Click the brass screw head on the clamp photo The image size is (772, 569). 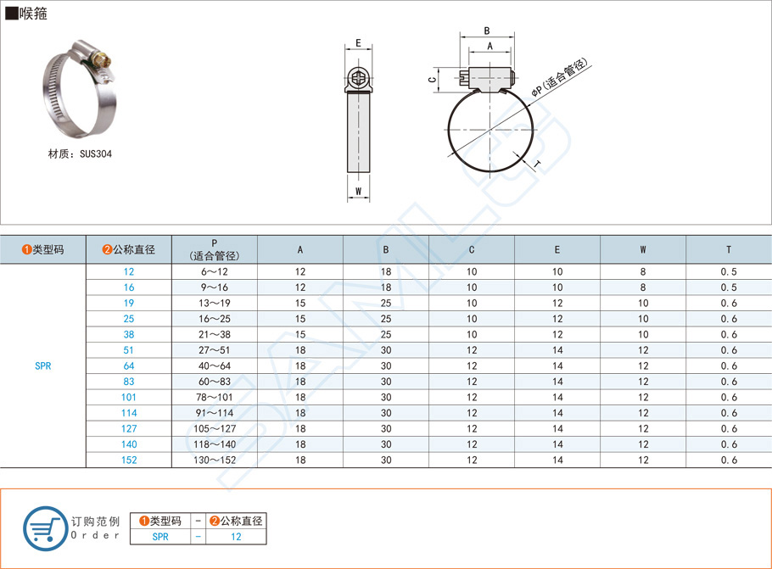click(x=104, y=61)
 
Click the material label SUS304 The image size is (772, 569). click(x=96, y=154)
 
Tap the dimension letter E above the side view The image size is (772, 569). click(x=358, y=43)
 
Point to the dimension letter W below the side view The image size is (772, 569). click(x=358, y=192)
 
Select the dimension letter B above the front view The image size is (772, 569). click(x=487, y=31)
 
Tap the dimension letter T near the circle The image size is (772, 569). click(x=537, y=164)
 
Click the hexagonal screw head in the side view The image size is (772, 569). click(x=358, y=78)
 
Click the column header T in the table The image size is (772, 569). click(x=729, y=249)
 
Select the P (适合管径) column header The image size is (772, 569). click(x=214, y=249)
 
